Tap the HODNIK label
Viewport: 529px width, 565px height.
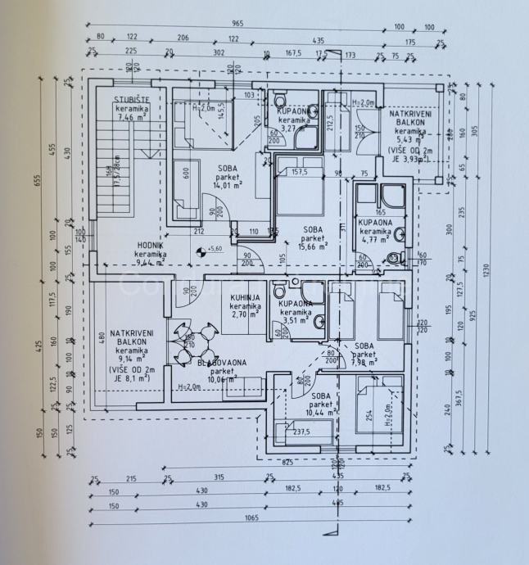click(149, 245)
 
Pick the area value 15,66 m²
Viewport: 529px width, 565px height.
click(312, 246)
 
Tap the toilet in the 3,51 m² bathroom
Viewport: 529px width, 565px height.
click(280, 292)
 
